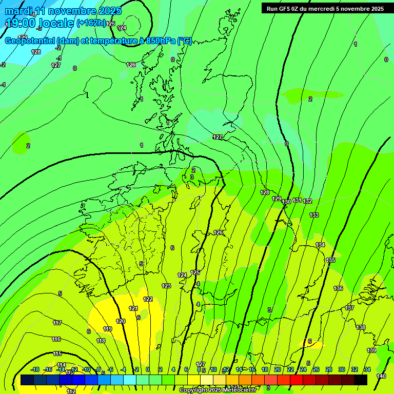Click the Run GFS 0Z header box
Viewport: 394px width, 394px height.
point(325,8)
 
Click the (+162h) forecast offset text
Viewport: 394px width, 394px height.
point(90,23)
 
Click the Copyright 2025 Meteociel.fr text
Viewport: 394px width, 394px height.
point(218,390)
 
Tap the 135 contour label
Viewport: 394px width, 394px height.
point(331,260)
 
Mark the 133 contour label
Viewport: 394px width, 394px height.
point(314,215)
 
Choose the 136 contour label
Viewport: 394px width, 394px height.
point(338,289)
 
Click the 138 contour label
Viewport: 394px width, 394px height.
point(361,327)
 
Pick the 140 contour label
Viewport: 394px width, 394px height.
point(381,376)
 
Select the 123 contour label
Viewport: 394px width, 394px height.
point(166,286)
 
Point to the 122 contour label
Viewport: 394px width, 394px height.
point(148,299)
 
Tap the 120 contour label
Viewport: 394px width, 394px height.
point(121,321)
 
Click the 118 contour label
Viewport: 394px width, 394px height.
point(101,341)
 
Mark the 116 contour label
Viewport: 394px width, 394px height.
point(56,339)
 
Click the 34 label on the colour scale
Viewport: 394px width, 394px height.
point(367,369)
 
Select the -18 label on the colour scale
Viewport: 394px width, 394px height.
point(35,369)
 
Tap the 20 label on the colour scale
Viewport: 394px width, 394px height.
point(277,369)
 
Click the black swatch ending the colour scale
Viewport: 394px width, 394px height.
point(361,380)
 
